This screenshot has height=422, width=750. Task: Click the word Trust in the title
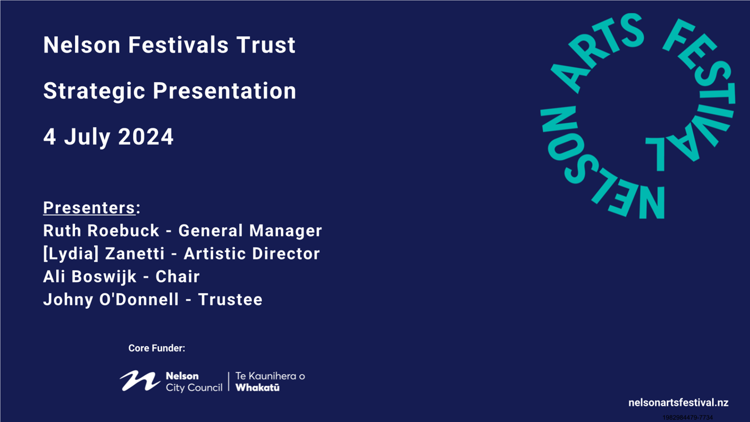(266, 45)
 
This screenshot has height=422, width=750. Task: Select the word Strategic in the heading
(95, 92)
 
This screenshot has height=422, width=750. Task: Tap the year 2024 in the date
(146, 137)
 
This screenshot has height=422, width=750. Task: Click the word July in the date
(87, 138)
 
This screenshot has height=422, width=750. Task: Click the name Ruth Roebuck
(101, 231)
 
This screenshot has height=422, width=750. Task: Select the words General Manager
(250, 231)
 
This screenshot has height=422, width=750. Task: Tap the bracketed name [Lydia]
(71, 254)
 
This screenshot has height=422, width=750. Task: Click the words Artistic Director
(252, 254)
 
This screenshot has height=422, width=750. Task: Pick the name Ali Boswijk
(90, 277)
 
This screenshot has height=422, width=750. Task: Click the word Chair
(177, 277)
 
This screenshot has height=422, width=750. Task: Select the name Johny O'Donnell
(111, 300)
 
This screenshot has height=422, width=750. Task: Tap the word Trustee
(230, 300)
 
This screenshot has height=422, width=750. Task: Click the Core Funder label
(157, 348)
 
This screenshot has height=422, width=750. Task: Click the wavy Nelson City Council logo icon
(140, 381)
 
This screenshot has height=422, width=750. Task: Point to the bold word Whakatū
(257, 388)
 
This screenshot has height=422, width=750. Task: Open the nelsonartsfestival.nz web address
(678, 403)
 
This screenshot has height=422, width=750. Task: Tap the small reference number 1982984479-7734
(688, 417)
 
